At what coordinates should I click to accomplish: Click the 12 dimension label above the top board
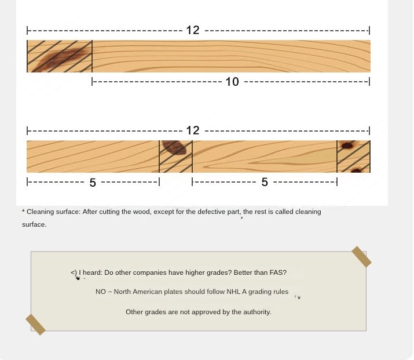coord(193,30)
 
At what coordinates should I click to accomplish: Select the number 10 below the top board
coord(232,82)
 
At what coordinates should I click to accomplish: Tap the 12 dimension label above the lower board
coord(193,130)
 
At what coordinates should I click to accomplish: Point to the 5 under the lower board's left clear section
coord(93,183)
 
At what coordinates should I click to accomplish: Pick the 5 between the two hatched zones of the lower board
coord(265,182)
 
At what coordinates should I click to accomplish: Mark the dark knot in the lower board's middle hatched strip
coord(174,147)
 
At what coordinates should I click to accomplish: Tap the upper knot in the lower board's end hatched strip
coord(347,146)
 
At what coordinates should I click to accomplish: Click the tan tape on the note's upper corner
coord(361,257)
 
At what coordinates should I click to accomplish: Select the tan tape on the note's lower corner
coord(35,324)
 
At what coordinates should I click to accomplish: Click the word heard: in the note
coord(93,272)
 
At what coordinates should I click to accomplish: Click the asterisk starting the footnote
coord(24,210)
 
